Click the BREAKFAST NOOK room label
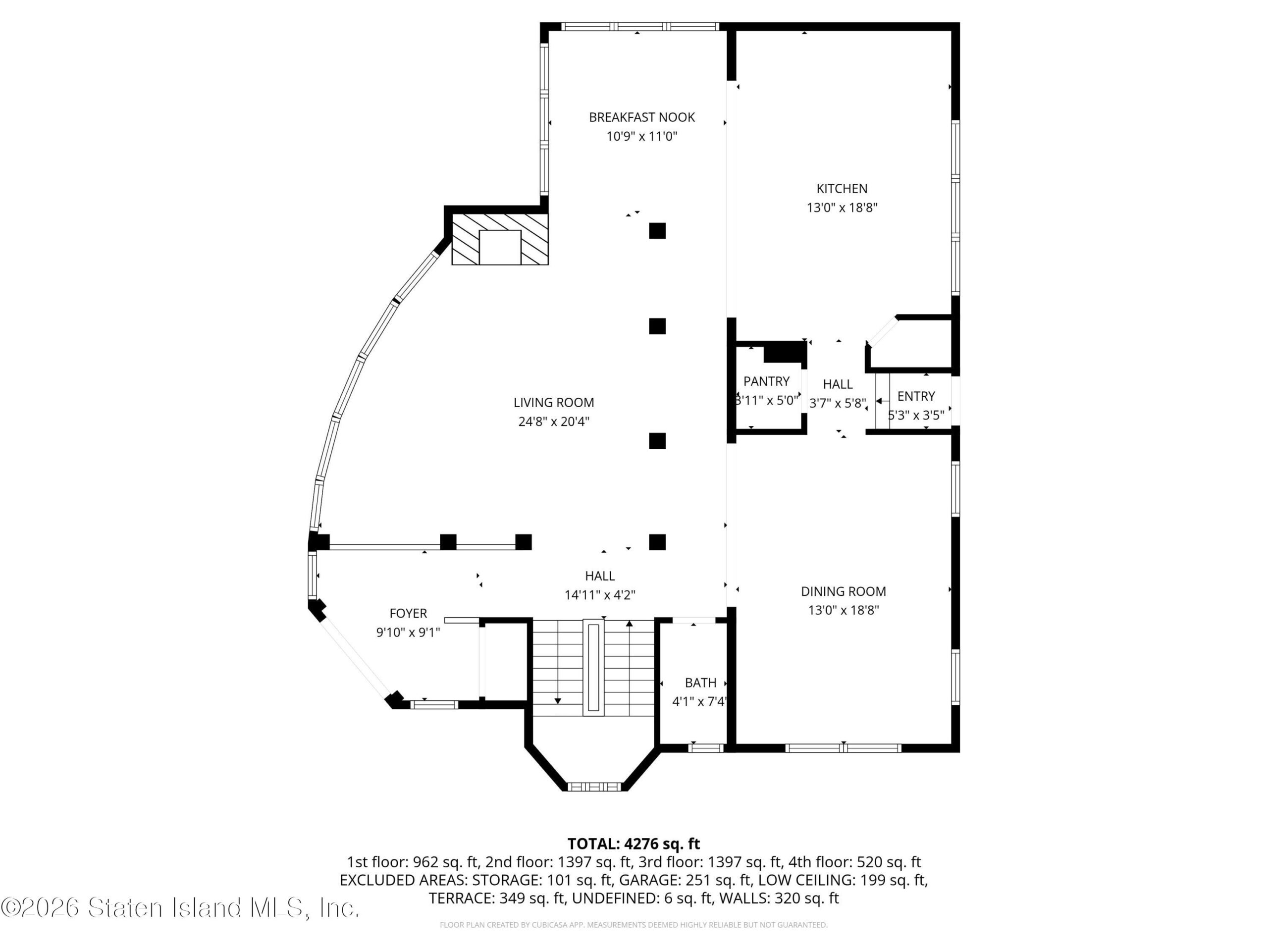[x=641, y=117]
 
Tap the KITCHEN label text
[x=842, y=189]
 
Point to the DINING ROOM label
[x=843, y=591]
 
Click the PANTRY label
[x=766, y=381]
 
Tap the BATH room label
[x=700, y=683]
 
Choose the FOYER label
[x=408, y=613]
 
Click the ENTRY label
[x=915, y=396]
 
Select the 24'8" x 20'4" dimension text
[x=554, y=422]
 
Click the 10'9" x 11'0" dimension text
[x=642, y=136]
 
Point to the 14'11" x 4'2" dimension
[x=600, y=595]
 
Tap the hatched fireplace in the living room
[x=500, y=239]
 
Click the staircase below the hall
[x=593, y=668]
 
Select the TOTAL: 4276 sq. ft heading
[x=634, y=844]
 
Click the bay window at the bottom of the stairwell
[x=594, y=787]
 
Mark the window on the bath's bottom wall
[x=706, y=747]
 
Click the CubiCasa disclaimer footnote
[x=634, y=925]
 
